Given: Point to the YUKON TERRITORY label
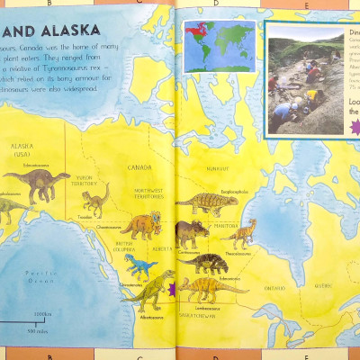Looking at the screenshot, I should (84, 179).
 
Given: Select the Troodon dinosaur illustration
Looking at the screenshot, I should (94, 199).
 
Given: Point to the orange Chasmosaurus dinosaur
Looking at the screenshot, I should (144, 224).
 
